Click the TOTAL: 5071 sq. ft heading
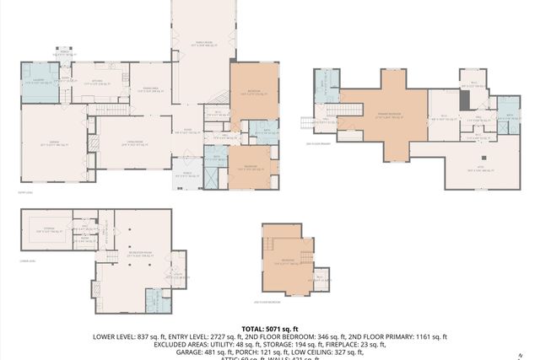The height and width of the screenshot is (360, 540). [270, 329]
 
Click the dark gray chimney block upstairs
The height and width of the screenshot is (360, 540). [463, 100]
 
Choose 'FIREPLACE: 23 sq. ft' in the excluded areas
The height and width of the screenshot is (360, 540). [350, 345]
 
